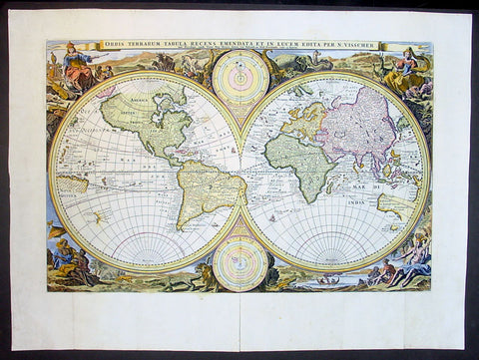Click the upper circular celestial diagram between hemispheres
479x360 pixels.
[240, 77]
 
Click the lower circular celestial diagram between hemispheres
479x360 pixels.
[240, 263]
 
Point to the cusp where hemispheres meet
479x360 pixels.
[240, 171]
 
